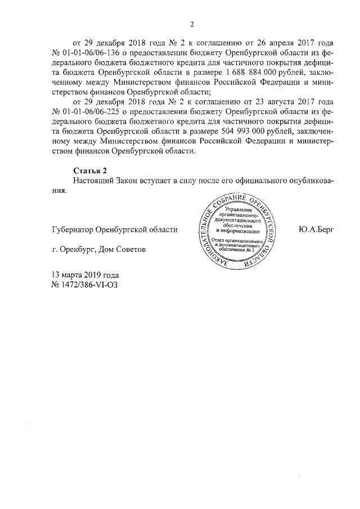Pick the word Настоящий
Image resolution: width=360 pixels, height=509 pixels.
coord(93,181)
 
